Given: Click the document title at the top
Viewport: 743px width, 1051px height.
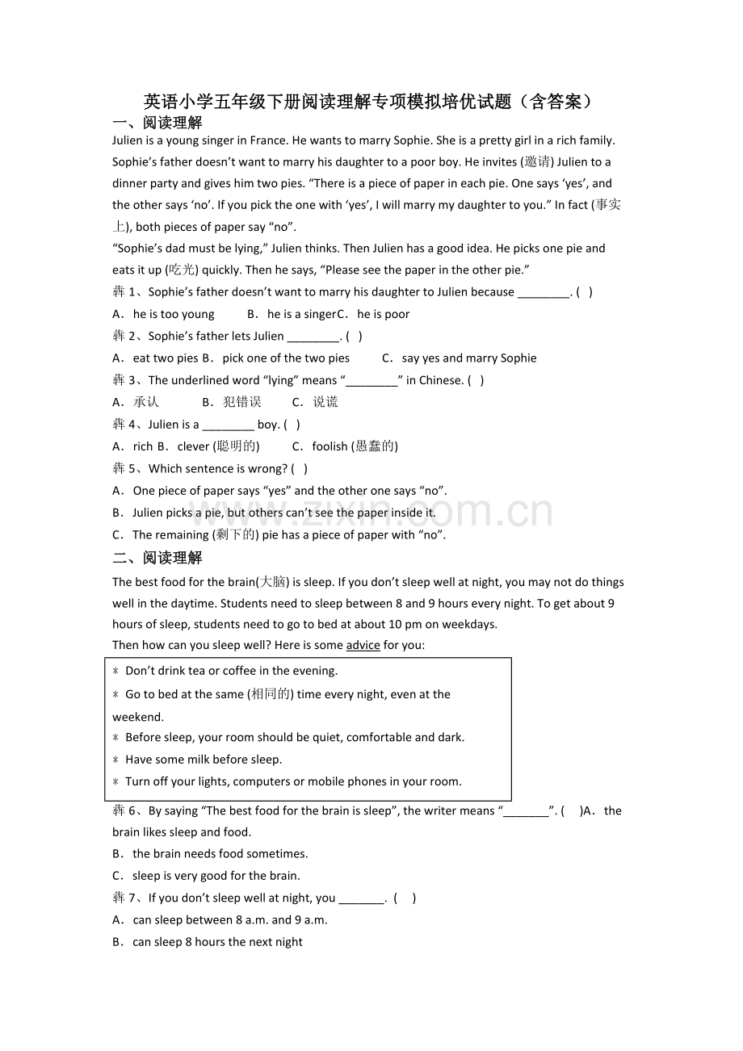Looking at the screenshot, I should [x=371, y=101].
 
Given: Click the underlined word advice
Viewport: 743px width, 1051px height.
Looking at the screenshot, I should [x=363, y=645].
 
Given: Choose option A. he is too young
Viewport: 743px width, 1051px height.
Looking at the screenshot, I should [x=164, y=314].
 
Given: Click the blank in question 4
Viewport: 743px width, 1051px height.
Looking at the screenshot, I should [x=228, y=425].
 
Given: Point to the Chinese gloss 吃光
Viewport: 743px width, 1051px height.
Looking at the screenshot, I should [x=182, y=270].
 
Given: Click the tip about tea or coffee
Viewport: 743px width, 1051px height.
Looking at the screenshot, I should [x=231, y=671].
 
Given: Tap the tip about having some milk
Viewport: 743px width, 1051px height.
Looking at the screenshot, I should [x=204, y=760].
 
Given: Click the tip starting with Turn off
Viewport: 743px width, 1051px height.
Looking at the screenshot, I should [x=293, y=781].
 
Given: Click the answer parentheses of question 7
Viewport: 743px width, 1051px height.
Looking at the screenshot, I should [x=405, y=898].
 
